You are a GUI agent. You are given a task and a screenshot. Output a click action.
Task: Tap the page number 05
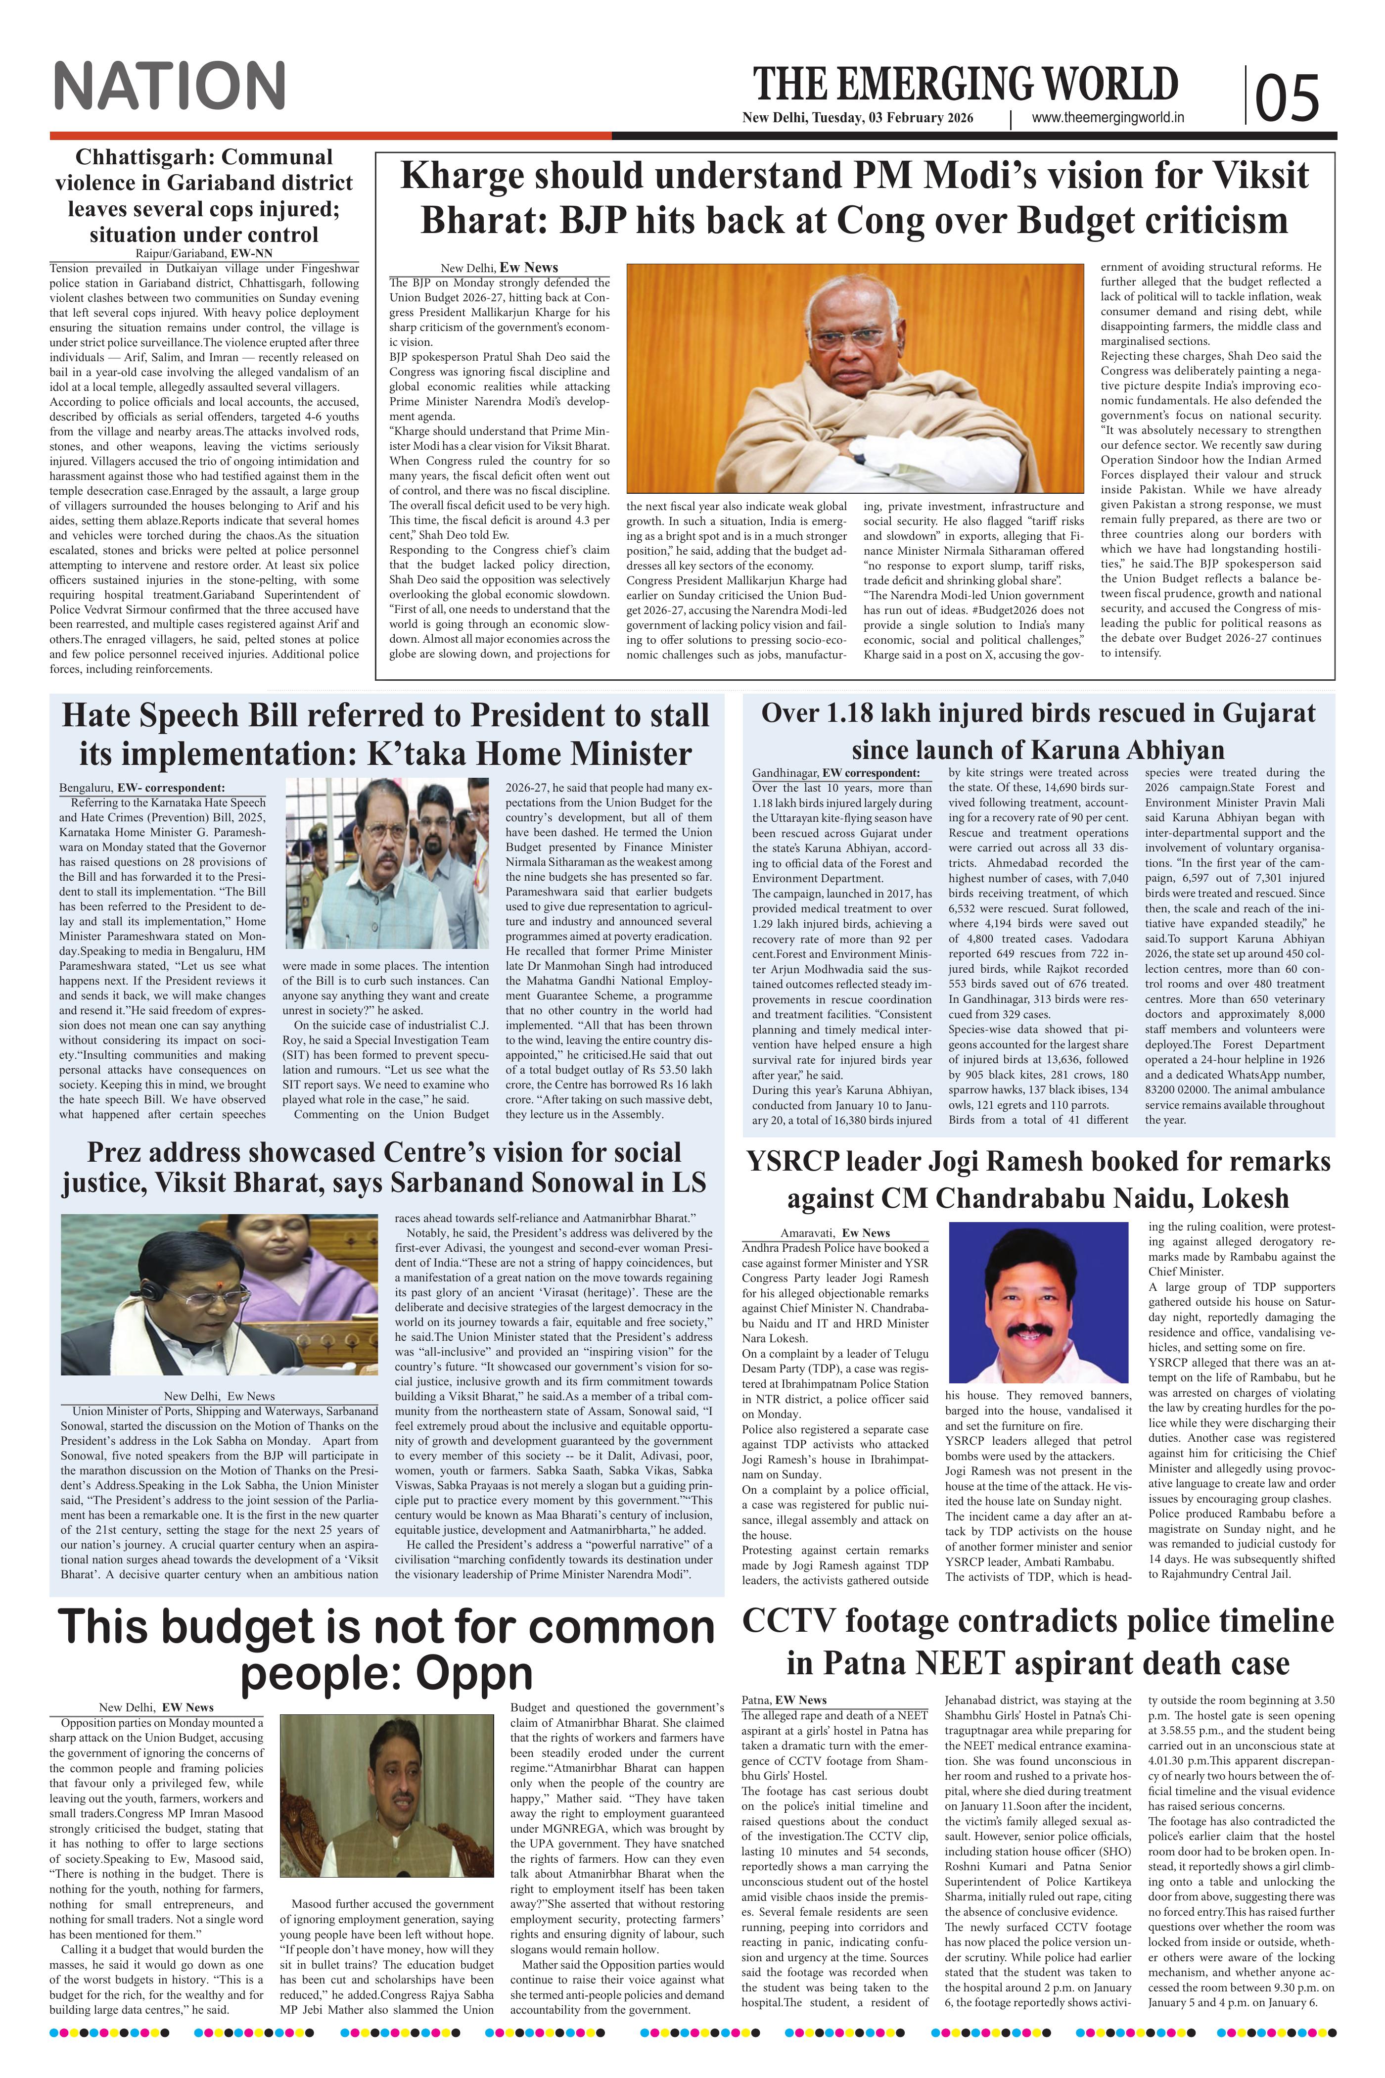coord(1288,97)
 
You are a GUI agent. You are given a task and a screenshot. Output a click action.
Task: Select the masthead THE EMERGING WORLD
coord(966,84)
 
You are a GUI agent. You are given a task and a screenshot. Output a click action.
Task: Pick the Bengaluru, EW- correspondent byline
coord(141,787)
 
